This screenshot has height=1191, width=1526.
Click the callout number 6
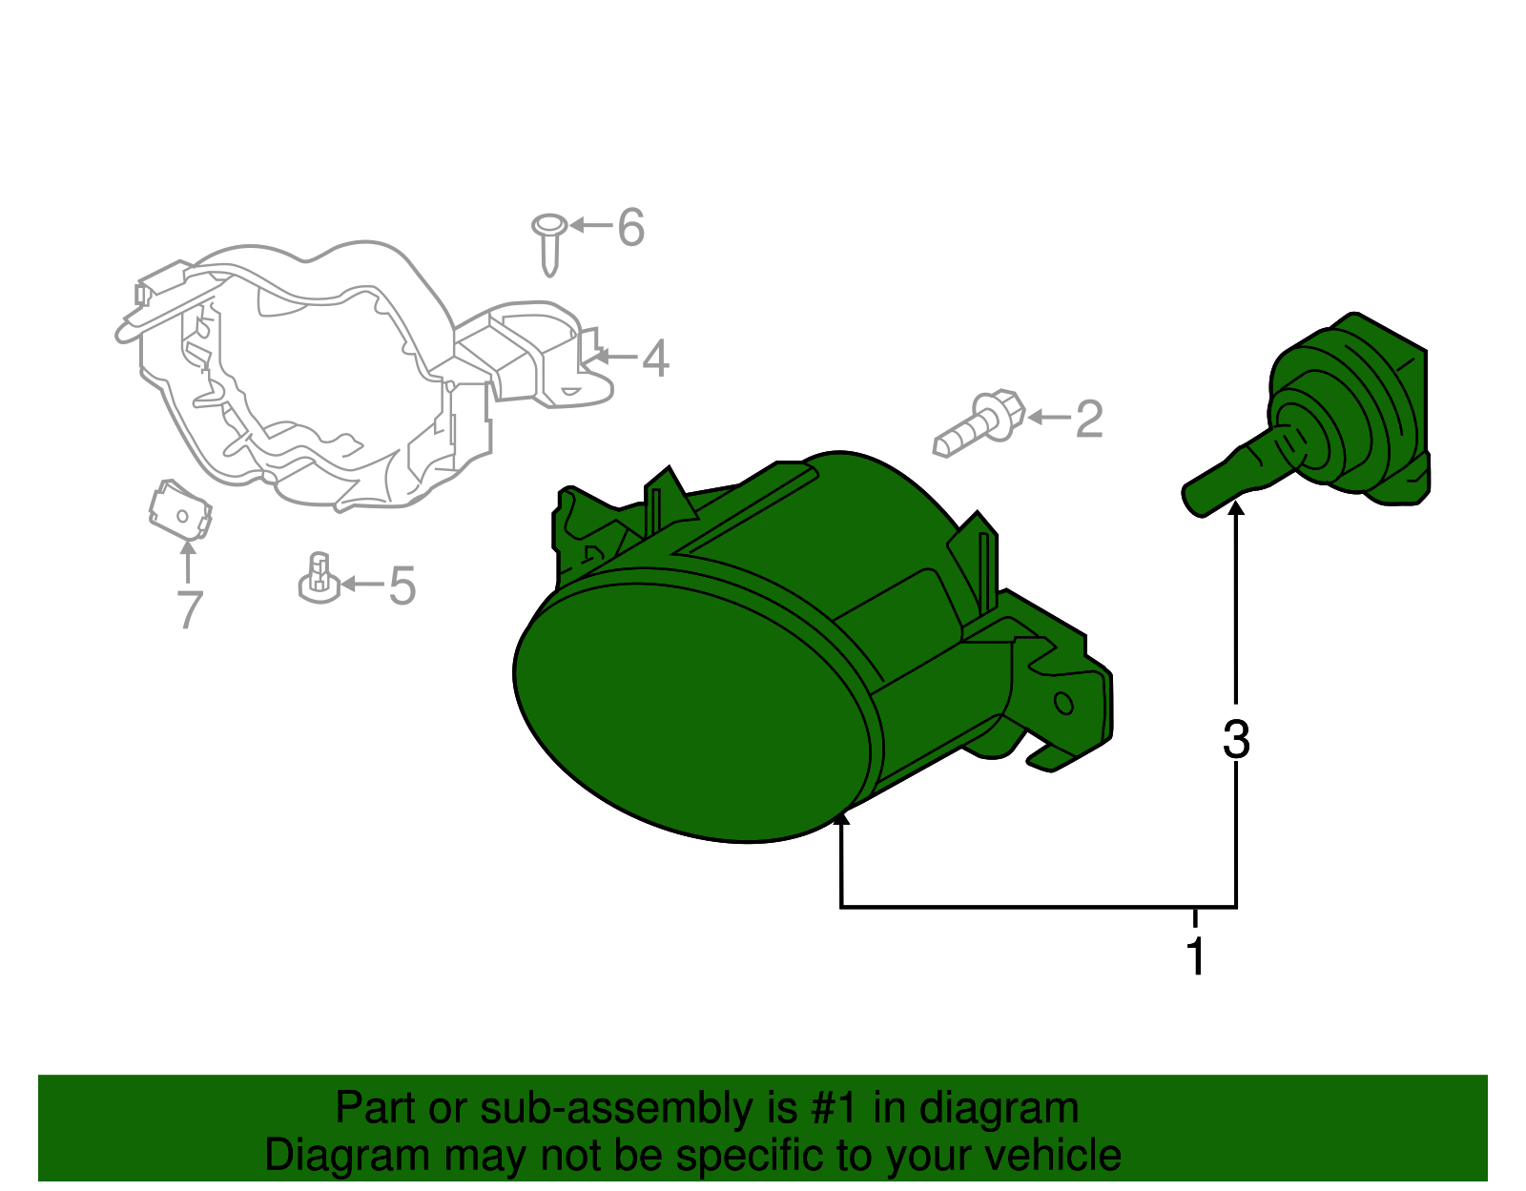[x=629, y=227]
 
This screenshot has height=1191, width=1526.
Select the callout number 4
[x=655, y=358]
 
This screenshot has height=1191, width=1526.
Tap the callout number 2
[x=1089, y=419]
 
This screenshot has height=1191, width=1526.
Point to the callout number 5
[x=402, y=585]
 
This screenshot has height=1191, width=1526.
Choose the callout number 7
[x=190, y=609]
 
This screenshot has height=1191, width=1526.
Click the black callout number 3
[x=1236, y=740]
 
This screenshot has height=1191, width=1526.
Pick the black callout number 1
[x=1196, y=955]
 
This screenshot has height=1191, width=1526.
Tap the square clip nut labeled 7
[x=180, y=510]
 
